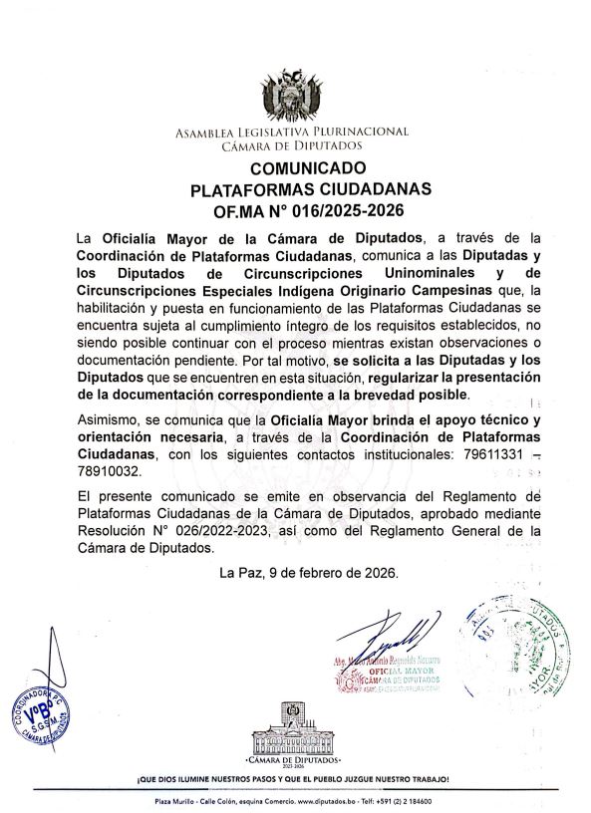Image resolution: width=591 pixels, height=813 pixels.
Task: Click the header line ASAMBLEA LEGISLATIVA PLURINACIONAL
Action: (293, 132)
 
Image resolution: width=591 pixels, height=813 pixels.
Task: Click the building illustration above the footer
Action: (294, 726)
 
